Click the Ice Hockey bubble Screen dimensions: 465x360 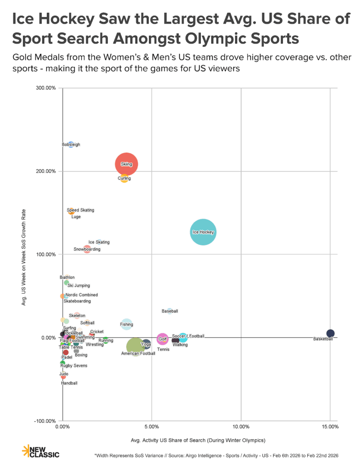click(203, 232)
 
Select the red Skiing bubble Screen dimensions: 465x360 click(126, 164)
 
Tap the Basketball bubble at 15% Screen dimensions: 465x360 click(330, 333)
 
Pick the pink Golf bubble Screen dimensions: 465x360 click(162, 339)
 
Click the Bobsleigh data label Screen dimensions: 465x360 click(71, 145)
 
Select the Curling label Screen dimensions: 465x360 click(124, 178)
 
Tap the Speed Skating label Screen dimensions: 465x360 click(80, 210)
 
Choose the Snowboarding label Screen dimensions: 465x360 click(87, 249)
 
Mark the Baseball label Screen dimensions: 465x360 click(170, 311)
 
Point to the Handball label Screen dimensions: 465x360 click(69, 383)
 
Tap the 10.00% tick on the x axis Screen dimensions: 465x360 click(241, 427)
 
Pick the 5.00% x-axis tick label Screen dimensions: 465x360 click(151, 427)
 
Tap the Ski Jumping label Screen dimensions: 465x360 click(79, 286)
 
